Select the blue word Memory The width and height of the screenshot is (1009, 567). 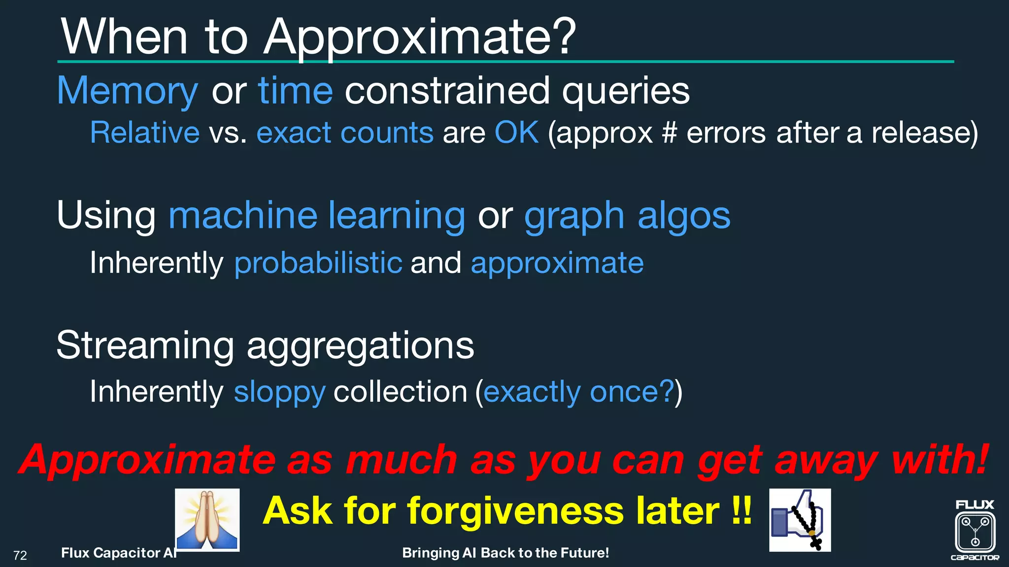pyautogui.click(x=128, y=92)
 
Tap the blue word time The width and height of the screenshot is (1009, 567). pyautogui.click(x=296, y=92)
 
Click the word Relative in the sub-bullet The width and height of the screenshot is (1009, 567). pyautogui.click(x=145, y=133)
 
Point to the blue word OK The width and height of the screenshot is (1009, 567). pyautogui.click(x=516, y=133)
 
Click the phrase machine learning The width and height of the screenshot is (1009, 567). pyautogui.click(x=317, y=216)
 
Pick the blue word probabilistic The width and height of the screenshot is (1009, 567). pyautogui.click(x=318, y=263)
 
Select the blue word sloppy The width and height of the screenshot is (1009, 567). pyautogui.click(x=279, y=392)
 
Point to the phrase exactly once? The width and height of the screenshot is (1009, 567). pyautogui.click(x=578, y=392)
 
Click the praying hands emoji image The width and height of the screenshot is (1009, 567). pyautogui.click(x=207, y=520)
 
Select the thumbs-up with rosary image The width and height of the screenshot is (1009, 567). pyautogui.click(x=800, y=520)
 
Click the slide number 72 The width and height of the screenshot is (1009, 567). pyautogui.click(x=20, y=556)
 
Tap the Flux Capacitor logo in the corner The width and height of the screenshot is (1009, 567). pyautogui.click(x=975, y=531)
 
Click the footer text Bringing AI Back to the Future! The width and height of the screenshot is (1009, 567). pyautogui.click(x=505, y=553)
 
